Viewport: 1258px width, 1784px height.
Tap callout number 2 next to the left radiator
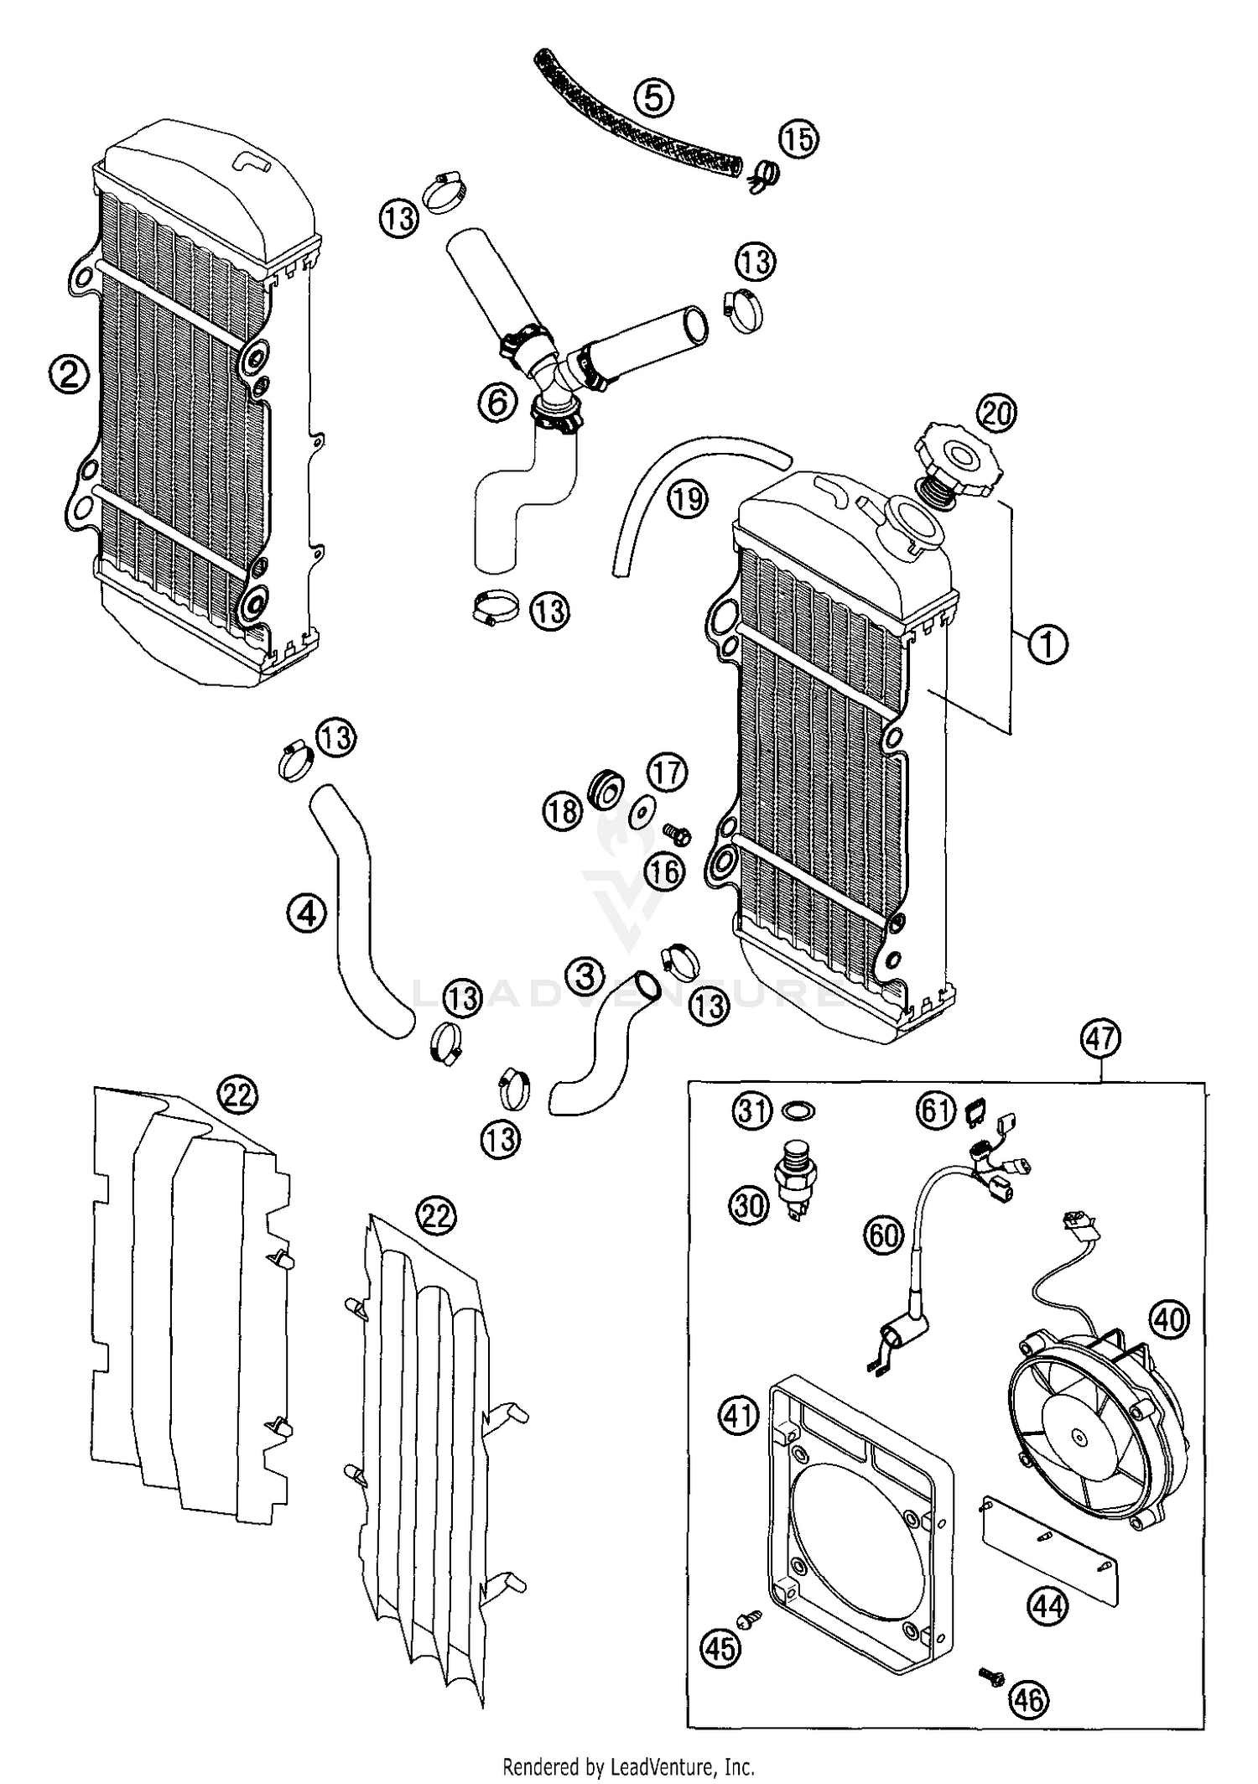pyautogui.click(x=68, y=374)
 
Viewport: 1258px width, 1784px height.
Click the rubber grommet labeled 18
pyautogui.click(x=606, y=788)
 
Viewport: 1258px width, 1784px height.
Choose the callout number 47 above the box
pyautogui.click(x=1101, y=1039)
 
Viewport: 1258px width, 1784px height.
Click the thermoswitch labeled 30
pyautogui.click(x=800, y=1177)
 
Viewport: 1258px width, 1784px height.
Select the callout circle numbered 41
pyautogui.click(x=739, y=1416)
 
